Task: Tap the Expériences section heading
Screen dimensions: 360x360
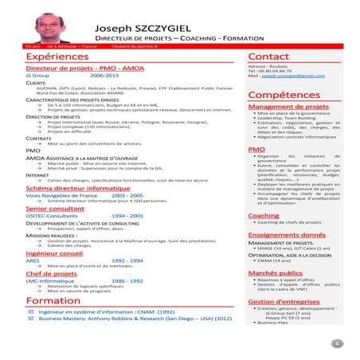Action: (58, 57)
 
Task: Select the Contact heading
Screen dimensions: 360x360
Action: (268, 57)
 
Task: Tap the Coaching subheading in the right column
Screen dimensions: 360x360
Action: (264, 215)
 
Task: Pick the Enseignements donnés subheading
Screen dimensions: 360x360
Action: (287, 235)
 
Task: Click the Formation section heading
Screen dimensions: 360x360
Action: (53, 300)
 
